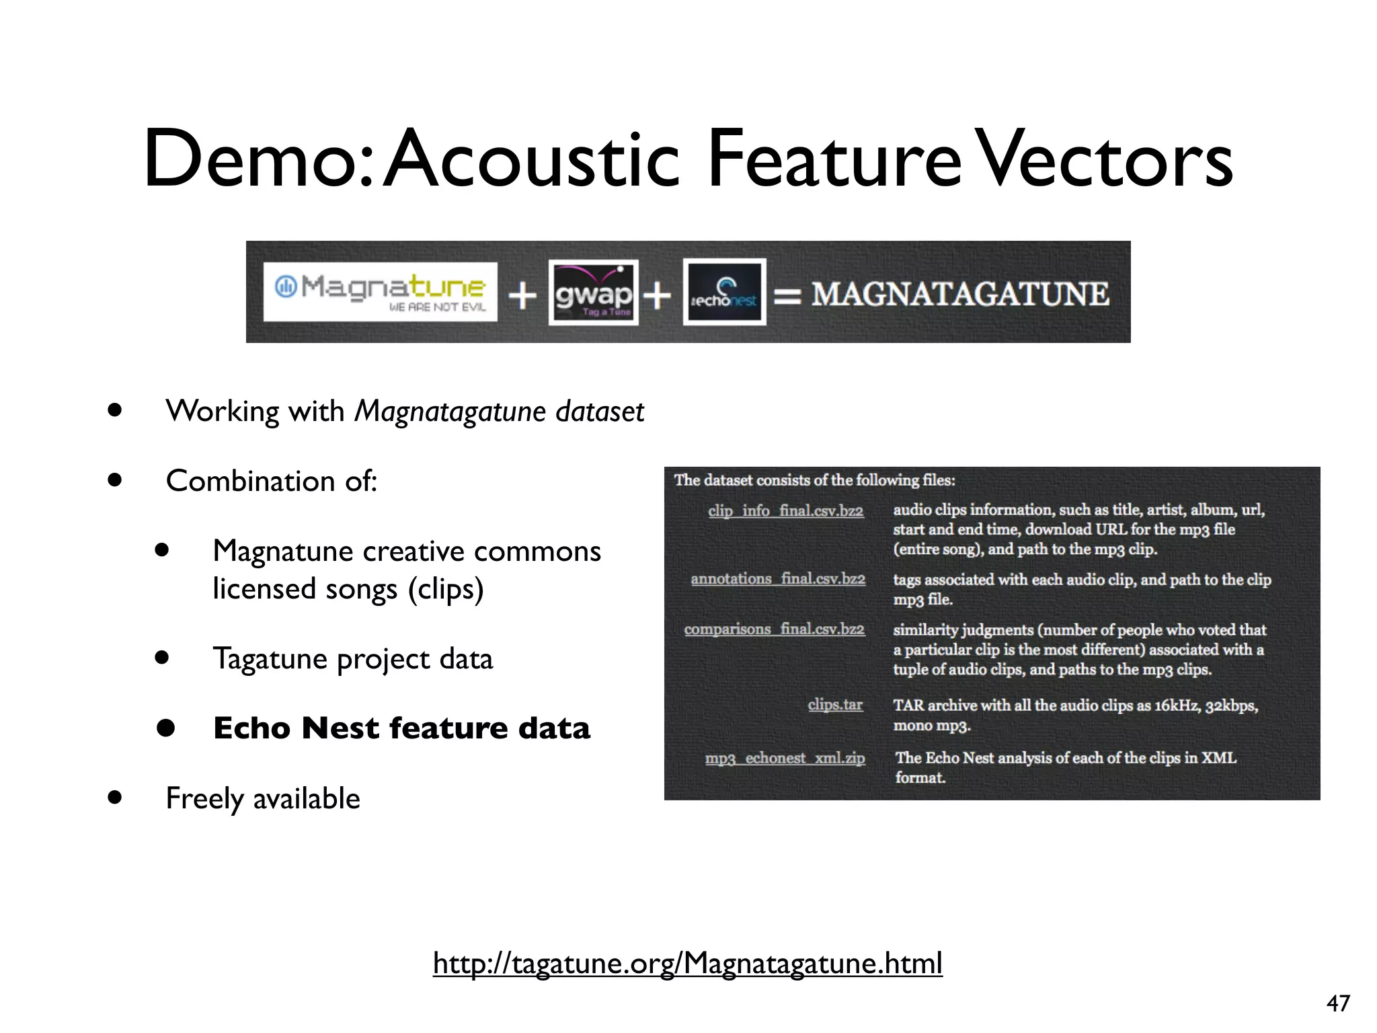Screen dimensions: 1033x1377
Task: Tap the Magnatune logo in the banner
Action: pyautogui.click(x=380, y=291)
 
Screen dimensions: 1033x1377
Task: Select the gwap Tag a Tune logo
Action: pyautogui.click(x=593, y=293)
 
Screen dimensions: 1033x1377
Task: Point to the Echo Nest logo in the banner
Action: pyautogui.click(x=724, y=293)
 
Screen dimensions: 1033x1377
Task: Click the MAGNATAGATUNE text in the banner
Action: pyautogui.click(x=960, y=294)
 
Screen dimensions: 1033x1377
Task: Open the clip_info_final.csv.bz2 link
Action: pyautogui.click(x=785, y=511)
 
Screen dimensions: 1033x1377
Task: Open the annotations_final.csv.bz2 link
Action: pyautogui.click(x=778, y=579)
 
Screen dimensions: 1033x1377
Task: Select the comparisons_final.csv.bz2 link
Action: pyautogui.click(x=775, y=629)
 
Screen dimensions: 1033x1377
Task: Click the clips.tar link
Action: pyautogui.click(x=835, y=705)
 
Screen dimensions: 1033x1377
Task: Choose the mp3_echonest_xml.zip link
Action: pyautogui.click(x=785, y=759)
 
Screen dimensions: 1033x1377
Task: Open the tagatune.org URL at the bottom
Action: pyautogui.click(x=687, y=963)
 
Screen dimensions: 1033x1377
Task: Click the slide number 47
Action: pyautogui.click(x=1338, y=1003)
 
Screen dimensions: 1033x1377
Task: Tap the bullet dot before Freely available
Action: pyautogui.click(x=115, y=798)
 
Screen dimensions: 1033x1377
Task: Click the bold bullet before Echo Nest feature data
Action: pyautogui.click(x=165, y=728)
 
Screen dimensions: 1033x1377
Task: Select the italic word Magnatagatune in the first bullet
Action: pyautogui.click(x=449, y=411)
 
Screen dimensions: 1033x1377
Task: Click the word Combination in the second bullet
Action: pyautogui.click(x=250, y=481)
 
